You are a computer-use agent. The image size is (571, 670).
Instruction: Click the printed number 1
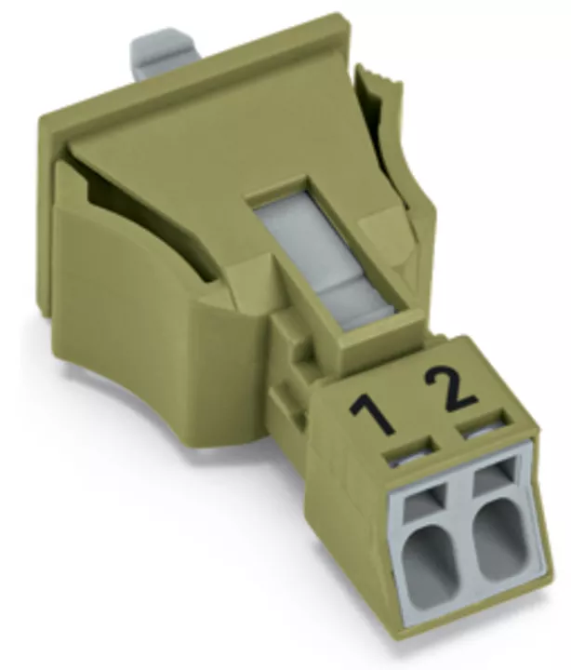[x=371, y=413]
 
